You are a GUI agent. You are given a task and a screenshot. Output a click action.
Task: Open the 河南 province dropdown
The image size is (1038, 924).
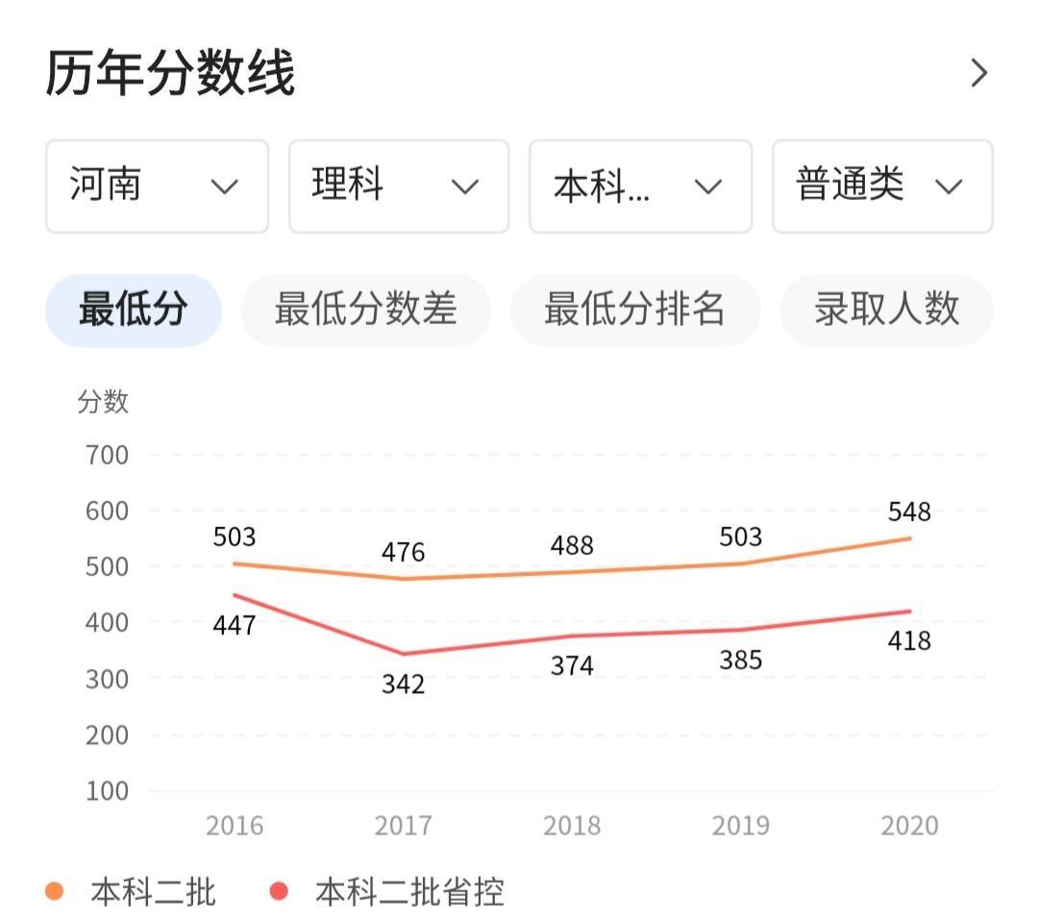[x=157, y=186]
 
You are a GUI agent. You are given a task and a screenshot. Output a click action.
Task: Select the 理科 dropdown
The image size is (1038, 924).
[x=398, y=186]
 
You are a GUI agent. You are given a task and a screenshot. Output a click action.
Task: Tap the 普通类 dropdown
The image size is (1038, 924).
[x=881, y=186]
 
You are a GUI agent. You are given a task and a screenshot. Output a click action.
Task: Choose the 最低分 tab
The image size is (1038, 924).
[x=133, y=310]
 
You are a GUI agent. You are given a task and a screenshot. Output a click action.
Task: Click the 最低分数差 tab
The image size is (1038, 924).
[x=365, y=310]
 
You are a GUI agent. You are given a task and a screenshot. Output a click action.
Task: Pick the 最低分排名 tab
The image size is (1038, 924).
[x=634, y=310]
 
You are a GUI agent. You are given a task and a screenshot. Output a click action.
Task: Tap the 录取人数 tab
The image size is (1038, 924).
[x=886, y=310]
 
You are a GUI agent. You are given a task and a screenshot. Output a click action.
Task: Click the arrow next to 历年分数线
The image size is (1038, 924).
[x=978, y=73]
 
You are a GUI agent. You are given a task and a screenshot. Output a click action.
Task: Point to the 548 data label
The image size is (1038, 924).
[x=908, y=512]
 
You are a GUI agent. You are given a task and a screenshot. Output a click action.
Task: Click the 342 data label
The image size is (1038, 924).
[x=403, y=685]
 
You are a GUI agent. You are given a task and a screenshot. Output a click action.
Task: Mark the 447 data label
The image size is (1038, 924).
[x=235, y=626]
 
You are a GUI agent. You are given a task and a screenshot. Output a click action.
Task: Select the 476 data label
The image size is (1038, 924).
[x=403, y=552]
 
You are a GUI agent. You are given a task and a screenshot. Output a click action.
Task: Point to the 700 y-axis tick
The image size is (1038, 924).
[x=106, y=455]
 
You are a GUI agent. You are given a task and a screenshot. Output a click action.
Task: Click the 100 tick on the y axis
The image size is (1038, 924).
[x=106, y=791]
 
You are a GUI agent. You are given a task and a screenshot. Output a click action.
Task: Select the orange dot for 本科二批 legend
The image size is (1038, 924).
[x=55, y=892]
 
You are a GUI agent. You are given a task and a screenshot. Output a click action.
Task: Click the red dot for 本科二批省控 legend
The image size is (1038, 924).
[x=279, y=892]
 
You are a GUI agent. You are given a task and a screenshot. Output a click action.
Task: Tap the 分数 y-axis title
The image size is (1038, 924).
[x=103, y=402]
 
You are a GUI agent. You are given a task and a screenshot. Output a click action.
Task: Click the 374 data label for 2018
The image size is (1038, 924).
[x=572, y=665]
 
